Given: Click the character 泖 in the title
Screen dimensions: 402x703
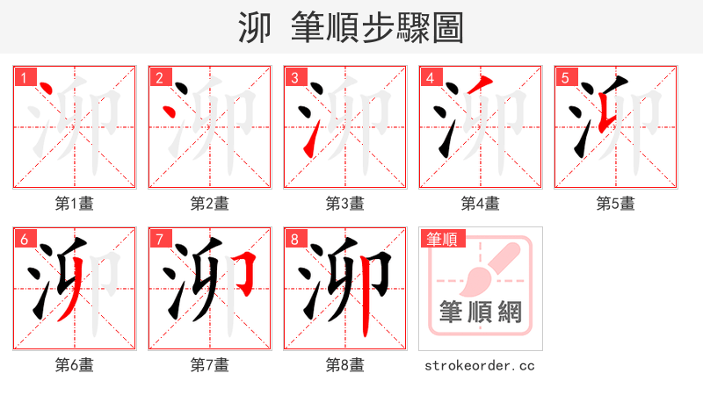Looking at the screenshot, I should (254, 27).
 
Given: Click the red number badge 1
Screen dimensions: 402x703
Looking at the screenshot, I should (24, 78).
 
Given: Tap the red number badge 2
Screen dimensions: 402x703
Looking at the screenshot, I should (159, 78).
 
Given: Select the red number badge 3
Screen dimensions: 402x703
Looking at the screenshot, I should (294, 78).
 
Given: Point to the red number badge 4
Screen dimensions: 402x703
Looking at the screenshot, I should (430, 78).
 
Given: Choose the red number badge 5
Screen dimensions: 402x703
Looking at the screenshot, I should (565, 78).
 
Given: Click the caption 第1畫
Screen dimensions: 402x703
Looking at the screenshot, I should (74, 204).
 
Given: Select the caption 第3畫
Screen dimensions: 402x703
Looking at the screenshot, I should (344, 204).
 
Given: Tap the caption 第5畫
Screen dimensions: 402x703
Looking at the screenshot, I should (615, 204).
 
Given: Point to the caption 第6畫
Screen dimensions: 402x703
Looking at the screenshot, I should (74, 365).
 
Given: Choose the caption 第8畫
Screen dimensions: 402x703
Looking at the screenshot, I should (344, 365).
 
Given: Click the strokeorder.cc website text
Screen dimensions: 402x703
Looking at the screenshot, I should (480, 365).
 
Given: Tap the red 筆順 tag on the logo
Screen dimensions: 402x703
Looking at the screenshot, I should (443, 239).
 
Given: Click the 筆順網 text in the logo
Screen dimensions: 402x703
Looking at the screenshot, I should (480, 312).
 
